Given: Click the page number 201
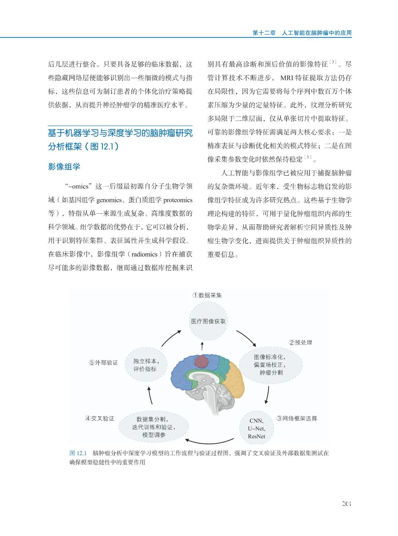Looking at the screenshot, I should [x=346, y=504].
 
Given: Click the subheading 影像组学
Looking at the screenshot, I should [x=64, y=167].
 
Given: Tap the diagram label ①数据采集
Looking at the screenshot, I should [x=207, y=295].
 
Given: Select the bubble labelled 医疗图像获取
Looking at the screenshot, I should [x=208, y=321].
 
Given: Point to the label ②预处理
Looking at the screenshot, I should [x=300, y=342].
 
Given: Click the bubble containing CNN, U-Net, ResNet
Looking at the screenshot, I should [x=256, y=428].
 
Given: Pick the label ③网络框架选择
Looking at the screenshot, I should [x=297, y=418].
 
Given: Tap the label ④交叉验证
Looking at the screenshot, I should [x=99, y=418].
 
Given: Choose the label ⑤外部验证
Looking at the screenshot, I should [x=103, y=363].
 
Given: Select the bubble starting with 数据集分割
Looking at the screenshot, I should [x=153, y=427].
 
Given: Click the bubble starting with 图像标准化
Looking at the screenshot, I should [x=271, y=365].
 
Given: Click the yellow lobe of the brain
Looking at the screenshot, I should [x=233, y=378].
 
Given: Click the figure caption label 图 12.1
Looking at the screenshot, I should [x=78, y=453].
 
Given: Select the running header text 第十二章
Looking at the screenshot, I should [x=264, y=33].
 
